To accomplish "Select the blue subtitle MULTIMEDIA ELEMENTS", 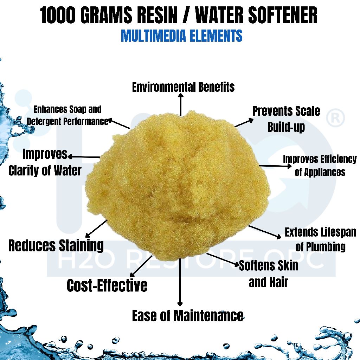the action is point(181,36).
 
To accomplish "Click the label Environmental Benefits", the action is point(183,87).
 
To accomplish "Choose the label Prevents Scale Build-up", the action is point(286,119).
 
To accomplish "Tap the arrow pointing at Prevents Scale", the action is point(244,123).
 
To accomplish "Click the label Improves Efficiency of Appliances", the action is point(320,166).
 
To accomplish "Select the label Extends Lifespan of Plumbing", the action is point(320,239).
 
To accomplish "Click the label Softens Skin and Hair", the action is point(268,274).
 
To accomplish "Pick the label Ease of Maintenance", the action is point(187,316).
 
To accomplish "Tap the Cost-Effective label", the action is point(107,285).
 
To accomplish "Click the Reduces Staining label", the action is point(56,245).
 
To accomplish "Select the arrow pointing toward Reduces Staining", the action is point(96,229).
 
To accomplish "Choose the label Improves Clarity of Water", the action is point(45,162).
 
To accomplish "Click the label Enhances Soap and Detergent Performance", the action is point(67,116).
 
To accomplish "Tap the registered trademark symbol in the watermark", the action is point(336,118).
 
